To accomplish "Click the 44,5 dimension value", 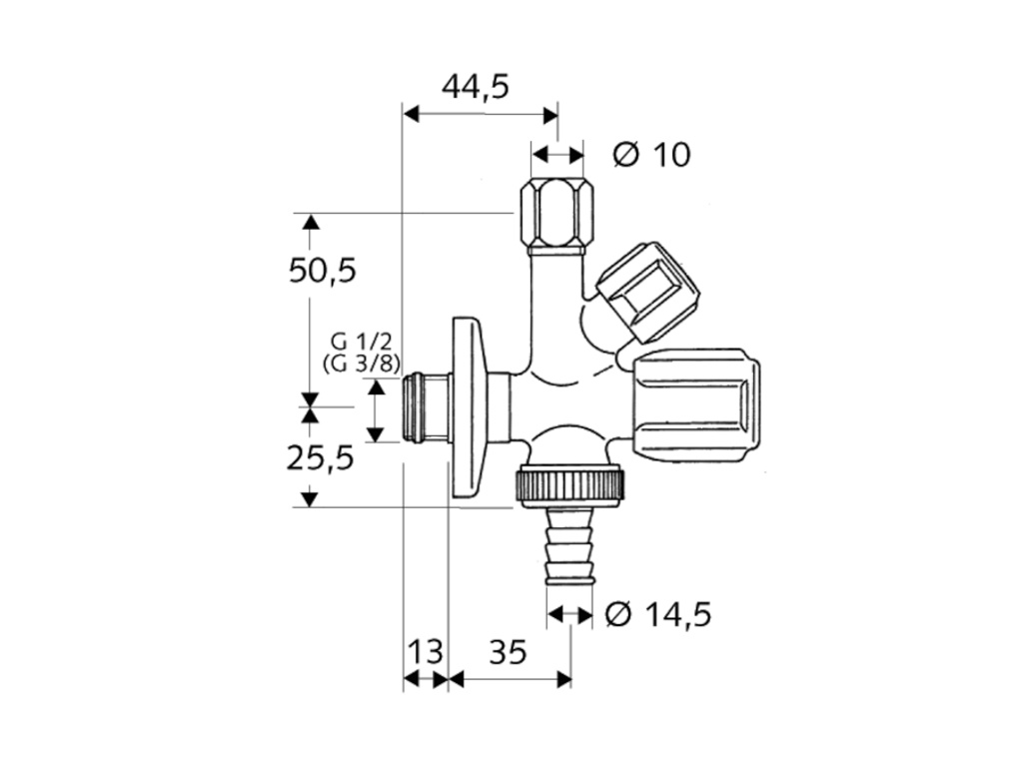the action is click(x=475, y=87).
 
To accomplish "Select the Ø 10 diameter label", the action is click(x=651, y=155).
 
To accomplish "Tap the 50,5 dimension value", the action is click(x=323, y=270).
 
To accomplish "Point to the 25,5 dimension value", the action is click(x=321, y=457).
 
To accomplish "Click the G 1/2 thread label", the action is click(x=361, y=342).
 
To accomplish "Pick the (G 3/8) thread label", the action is click(x=362, y=364).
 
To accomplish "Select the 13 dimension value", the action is click(x=426, y=651).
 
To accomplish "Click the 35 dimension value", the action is click(x=508, y=651).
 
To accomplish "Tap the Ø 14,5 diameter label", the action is click(x=658, y=614).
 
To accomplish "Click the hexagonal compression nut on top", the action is click(x=557, y=217).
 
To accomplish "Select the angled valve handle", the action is click(x=647, y=291).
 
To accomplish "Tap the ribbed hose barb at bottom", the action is click(x=569, y=545).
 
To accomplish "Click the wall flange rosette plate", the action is click(x=468, y=408).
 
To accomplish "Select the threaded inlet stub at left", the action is click(x=425, y=408).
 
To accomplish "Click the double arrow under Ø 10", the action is click(x=557, y=155).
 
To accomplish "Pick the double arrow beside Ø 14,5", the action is click(x=570, y=614).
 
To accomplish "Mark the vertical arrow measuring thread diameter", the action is click(x=376, y=410).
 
